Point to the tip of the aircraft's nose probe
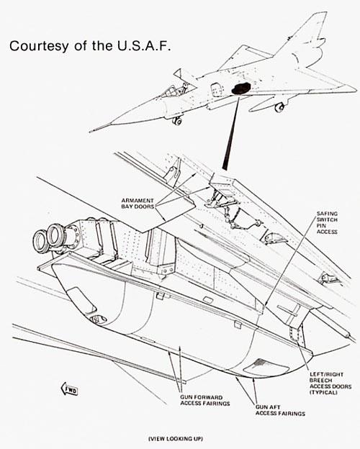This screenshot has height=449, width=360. tap(91, 130)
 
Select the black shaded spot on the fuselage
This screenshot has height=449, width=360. tap(241, 89)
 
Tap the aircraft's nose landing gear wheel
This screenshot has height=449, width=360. tap(176, 121)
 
